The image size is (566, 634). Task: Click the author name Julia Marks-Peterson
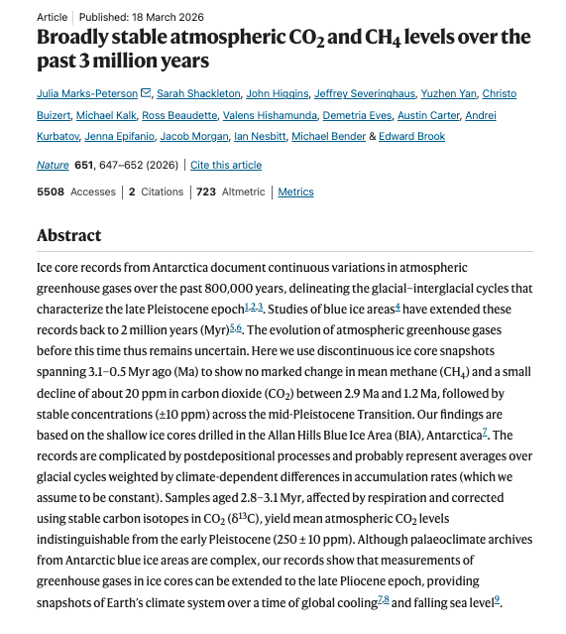tap(88, 94)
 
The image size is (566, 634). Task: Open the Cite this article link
tap(226, 165)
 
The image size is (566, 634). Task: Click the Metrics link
tap(295, 192)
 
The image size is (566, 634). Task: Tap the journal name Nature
tap(53, 165)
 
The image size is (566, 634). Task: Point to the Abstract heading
tap(68, 236)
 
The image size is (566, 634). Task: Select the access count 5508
tap(51, 192)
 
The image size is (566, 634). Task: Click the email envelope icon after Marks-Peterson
tap(147, 94)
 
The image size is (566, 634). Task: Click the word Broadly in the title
tap(75, 38)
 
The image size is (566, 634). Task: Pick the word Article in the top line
tap(53, 17)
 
